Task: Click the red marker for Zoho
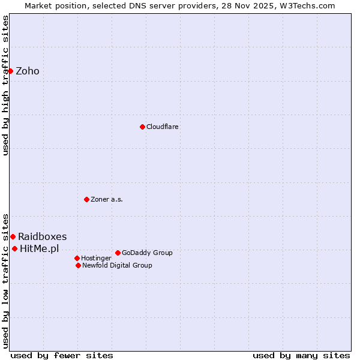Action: [x=10, y=71]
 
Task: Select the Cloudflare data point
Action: [x=142, y=127]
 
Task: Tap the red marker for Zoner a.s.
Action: [x=86, y=199]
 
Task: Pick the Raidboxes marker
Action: [x=13, y=236]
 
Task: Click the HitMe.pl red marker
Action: [x=14, y=248]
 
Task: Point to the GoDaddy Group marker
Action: [x=118, y=253]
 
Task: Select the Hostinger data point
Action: [x=77, y=258]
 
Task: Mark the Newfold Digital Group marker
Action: [x=78, y=265]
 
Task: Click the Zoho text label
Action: [x=28, y=71]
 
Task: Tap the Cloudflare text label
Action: [x=163, y=127]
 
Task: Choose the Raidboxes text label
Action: [x=42, y=236]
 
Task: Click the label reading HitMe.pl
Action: [x=39, y=248]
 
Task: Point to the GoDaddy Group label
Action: [x=147, y=253]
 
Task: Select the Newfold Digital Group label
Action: [x=117, y=265]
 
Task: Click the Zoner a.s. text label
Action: [x=107, y=199]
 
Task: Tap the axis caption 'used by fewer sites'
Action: [x=62, y=355]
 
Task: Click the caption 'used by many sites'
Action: [x=301, y=355]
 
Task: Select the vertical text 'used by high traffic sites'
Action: [x=6, y=85]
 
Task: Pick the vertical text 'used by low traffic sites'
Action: [x=6, y=280]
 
